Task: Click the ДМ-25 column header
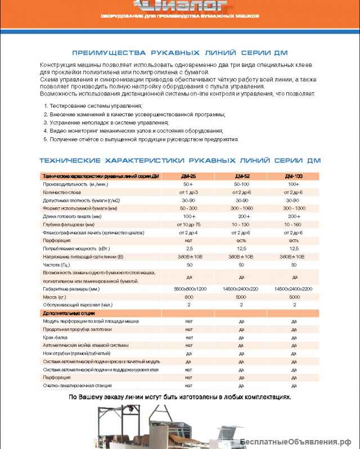tap(188, 176)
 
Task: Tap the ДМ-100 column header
tap(294, 176)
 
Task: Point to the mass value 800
tap(188, 296)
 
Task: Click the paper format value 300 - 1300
tap(294, 208)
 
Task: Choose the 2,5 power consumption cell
tap(188, 248)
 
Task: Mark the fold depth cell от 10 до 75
tap(188, 224)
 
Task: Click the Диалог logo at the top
tap(180, 6)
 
